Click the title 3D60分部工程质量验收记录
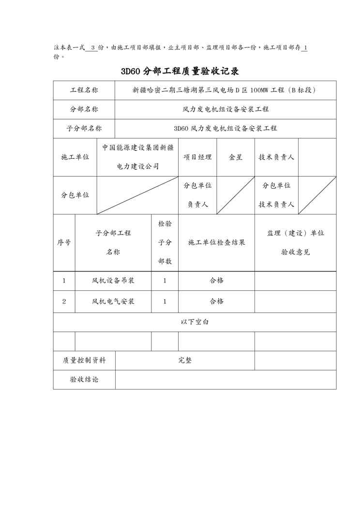(x=180, y=72)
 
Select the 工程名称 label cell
(x=84, y=90)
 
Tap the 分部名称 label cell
(x=84, y=109)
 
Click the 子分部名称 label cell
(x=84, y=128)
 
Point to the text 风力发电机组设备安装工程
(x=225, y=109)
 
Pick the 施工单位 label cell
(x=75, y=157)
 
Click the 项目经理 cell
(x=197, y=157)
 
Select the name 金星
(x=236, y=157)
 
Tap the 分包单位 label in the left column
(x=75, y=195)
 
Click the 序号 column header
(x=64, y=242)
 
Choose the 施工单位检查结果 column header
(x=216, y=242)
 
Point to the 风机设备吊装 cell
(x=113, y=281)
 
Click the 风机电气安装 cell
(x=113, y=301)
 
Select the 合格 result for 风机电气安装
(x=216, y=301)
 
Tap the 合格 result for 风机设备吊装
(x=216, y=281)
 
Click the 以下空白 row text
(x=195, y=322)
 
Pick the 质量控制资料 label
(x=84, y=360)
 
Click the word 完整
(x=185, y=360)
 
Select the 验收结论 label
(x=84, y=380)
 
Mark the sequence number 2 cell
(x=64, y=301)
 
